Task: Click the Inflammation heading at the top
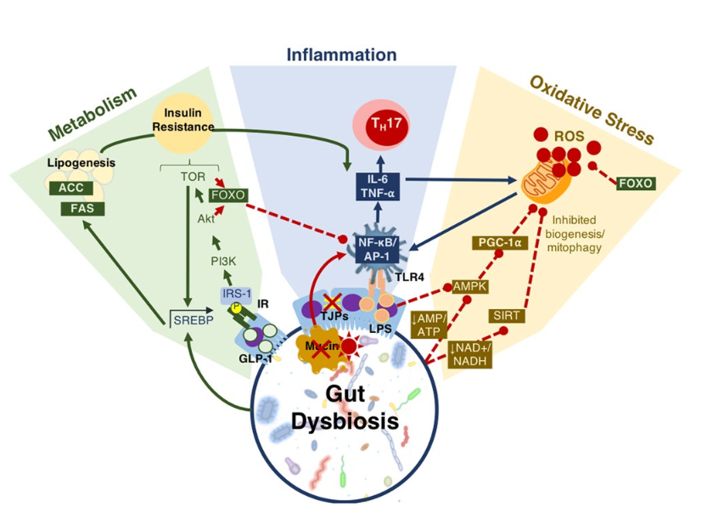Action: [341, 55]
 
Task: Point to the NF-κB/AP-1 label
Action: [379, 247]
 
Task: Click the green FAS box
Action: [81, 207]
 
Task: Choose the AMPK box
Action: [469, 287]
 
